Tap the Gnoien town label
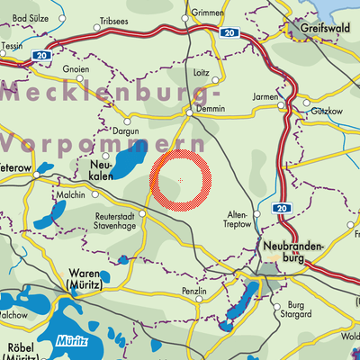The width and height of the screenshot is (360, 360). (x=75, y=67)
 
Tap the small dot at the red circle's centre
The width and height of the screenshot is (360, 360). (x=180, y=181)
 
